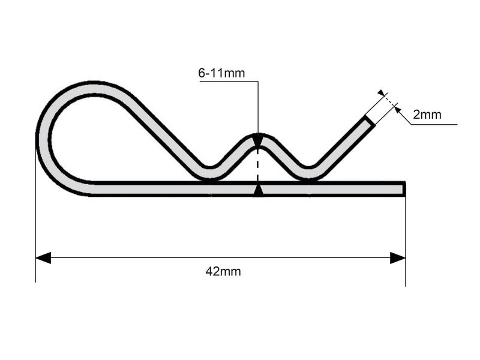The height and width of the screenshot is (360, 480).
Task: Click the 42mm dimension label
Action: point(223,271)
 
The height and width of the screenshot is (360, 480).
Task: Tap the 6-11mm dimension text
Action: point(221,73)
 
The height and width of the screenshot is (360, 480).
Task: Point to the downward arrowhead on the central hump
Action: point(258,142)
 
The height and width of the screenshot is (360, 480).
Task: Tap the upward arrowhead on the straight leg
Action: point(258,191)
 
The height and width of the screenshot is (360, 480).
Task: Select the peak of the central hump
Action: point(258,136)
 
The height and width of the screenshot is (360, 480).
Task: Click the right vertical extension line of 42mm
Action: point(406,240)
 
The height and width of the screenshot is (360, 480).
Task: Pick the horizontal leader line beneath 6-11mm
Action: point(228,82)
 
